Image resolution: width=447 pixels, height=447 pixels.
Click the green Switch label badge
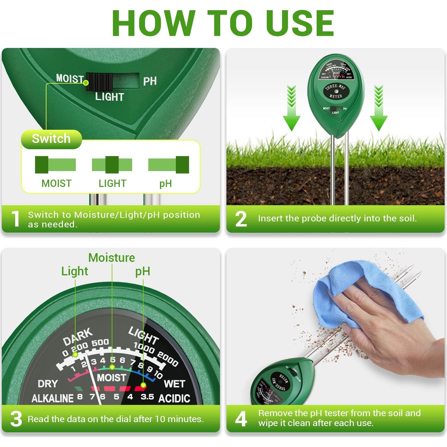click(x=51, y=139)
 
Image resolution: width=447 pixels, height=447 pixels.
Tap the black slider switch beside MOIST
click(x=99, y=81)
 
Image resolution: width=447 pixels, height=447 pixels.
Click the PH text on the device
click(x=150, y=81)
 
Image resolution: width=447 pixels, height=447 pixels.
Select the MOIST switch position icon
click(x=55, y=165)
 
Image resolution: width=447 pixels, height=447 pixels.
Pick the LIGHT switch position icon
click(x=112, y=165)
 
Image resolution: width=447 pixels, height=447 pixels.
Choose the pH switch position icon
click(x=168, y=165)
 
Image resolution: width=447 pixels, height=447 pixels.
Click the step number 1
click(x=15, y=219)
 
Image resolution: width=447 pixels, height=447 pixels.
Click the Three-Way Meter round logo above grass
click(x=336, y=91)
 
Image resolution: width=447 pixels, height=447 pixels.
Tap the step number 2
click(x=241, y=219)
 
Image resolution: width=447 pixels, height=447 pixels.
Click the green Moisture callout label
click(x=111, y=258)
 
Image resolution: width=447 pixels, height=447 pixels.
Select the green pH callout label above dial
click(x=143, y=271)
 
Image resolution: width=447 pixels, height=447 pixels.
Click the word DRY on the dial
click(x=48, y=384)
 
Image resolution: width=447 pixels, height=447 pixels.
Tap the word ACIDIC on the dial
click(x=174, y=398)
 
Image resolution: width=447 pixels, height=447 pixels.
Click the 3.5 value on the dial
click(x=147, y=397)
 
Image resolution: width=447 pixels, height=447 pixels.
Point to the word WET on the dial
click(x=174, y=384)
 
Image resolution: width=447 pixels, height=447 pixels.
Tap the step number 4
click(x=241, y=419)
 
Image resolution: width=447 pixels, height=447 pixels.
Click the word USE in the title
click(x=300, y=23)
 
